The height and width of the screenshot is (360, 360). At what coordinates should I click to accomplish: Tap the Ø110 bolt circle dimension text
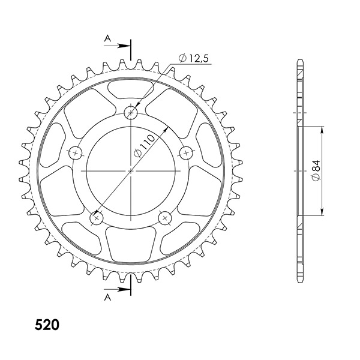pyautogui.click(x=145, y=146)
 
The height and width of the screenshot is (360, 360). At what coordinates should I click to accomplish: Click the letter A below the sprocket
pyautogui.click(x=107, y=296)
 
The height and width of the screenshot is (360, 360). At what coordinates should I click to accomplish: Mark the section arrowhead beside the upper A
pyautogui.click(x=127, y=45)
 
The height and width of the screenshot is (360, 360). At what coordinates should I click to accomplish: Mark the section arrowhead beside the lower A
pyautogui.click(x=127, y=290)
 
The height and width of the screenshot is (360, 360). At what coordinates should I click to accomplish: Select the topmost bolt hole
pyautogui.click(x=131, y=112)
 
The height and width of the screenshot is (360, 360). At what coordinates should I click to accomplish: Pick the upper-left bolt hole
pyautogui.click(x=76, y=152)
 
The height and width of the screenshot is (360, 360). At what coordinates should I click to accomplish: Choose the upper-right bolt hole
pyautogui.click(x=187, y=152)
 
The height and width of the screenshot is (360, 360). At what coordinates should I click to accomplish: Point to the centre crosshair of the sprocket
pyautogui.click(x=131, y=171)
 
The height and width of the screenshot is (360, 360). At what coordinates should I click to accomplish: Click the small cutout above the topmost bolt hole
pyautogui.click(x=131, y=92)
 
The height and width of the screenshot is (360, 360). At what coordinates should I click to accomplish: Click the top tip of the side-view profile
pyautogui.click(x=300, y=61)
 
